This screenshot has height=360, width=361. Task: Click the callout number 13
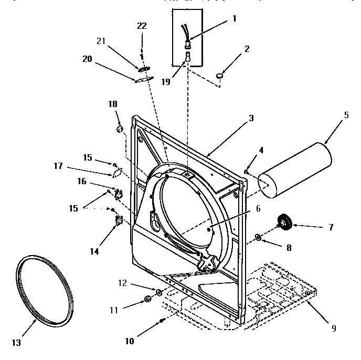16,343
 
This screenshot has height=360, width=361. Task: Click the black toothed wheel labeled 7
285,224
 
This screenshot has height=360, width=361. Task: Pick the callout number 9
333,329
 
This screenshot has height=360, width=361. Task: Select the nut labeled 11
147,300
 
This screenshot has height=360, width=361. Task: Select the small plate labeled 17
116,172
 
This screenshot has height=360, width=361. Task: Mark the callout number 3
251,118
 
